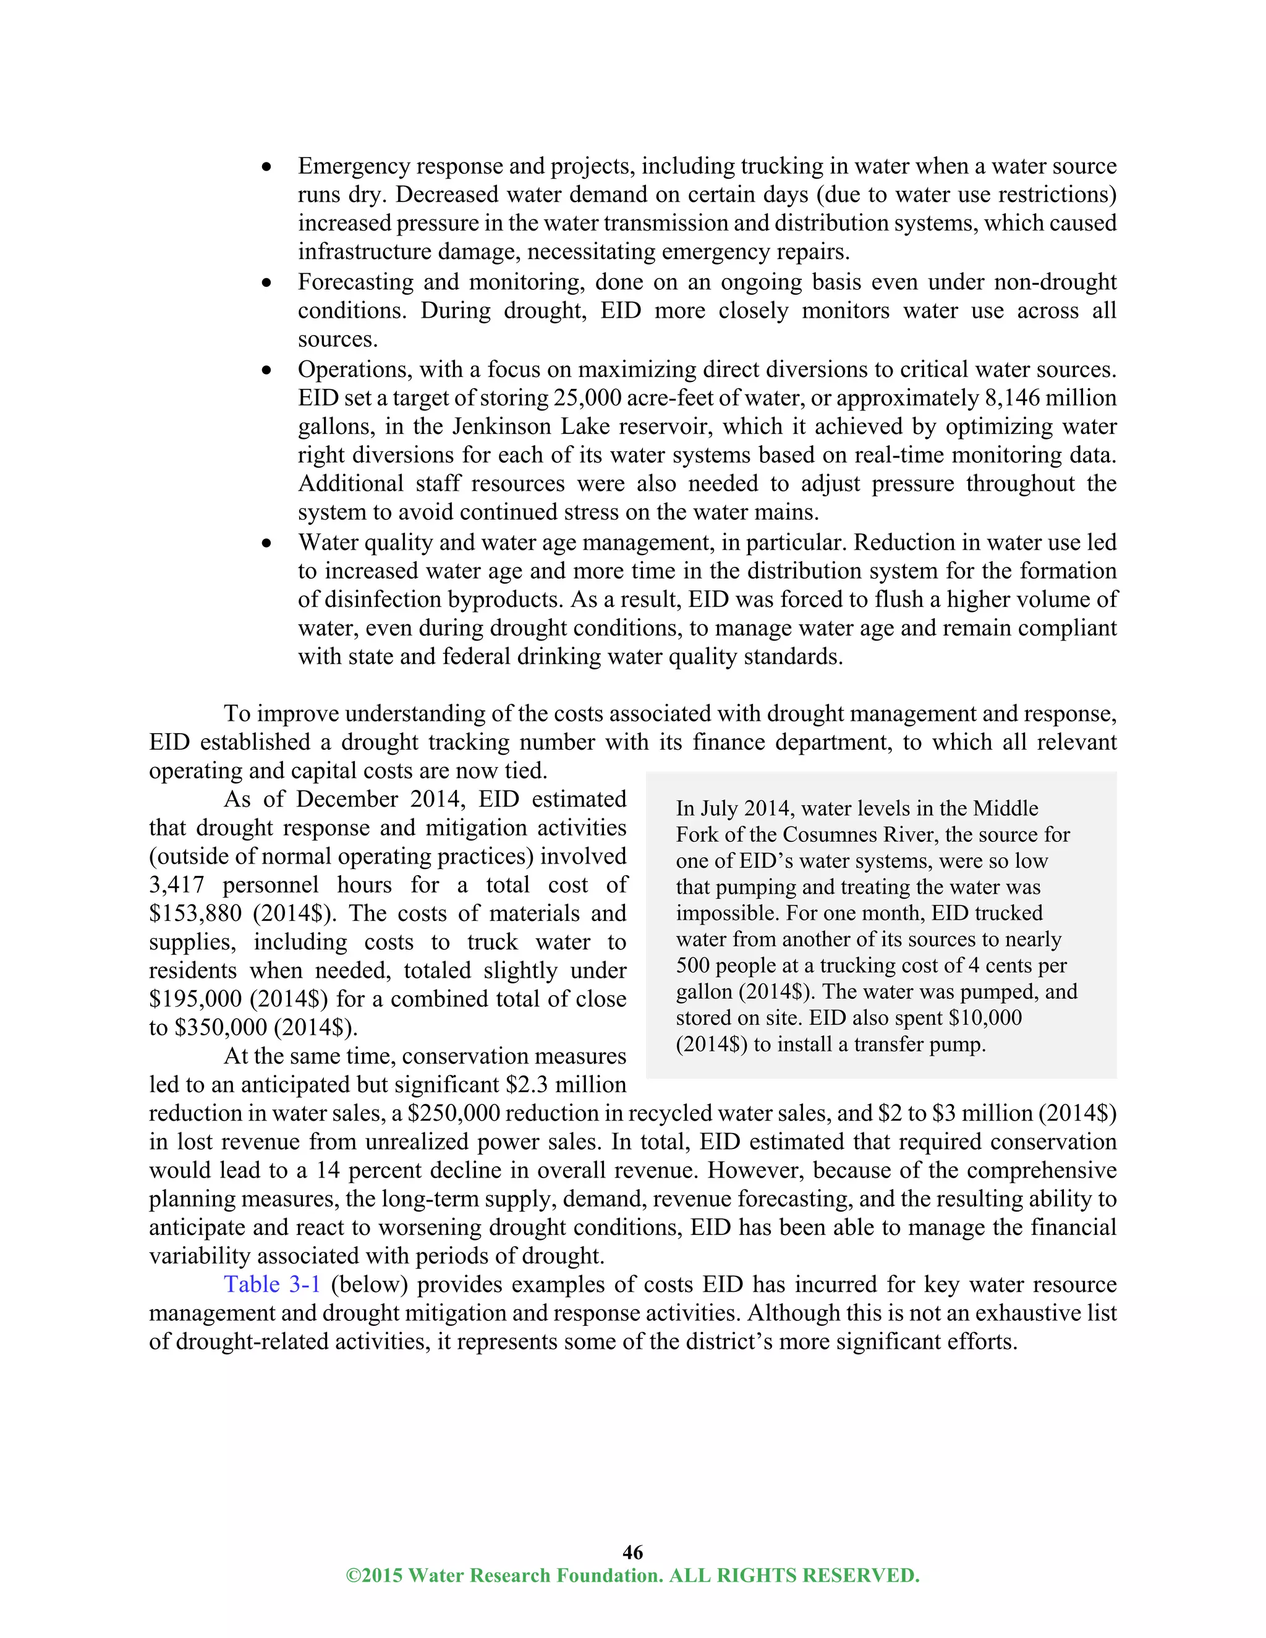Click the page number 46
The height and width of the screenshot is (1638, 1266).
click(632, 1551)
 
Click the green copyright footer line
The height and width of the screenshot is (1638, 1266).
click(632, 1575)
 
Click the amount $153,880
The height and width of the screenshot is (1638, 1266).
click(196, 913)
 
